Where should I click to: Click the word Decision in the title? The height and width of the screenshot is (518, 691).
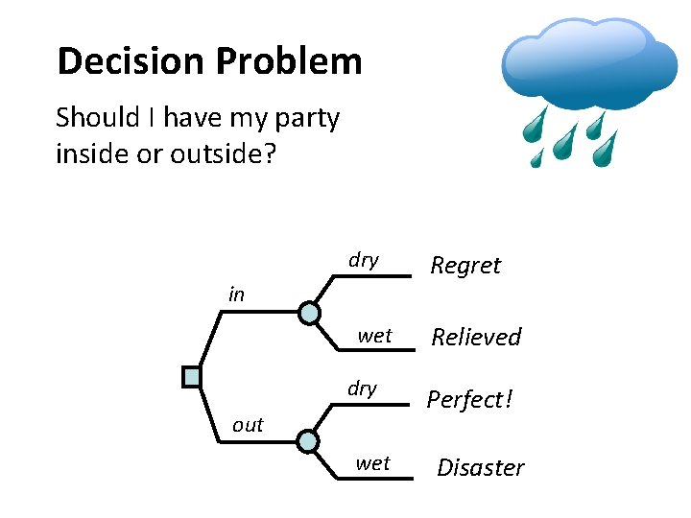tap(131, 61)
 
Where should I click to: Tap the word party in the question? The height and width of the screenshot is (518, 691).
tap(306, 118)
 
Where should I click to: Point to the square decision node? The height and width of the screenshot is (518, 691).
tap(192, 377)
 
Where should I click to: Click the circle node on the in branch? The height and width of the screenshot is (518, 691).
tap(309, 313)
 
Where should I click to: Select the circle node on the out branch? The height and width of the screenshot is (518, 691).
tap(307, 441)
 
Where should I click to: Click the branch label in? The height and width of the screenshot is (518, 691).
tap(236, 294)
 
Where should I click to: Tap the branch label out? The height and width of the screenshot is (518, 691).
tap(248, 425)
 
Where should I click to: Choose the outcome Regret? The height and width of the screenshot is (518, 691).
tap(465, 266)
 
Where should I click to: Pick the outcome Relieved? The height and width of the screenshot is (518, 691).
tap(476, 337)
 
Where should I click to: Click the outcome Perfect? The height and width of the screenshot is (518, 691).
tap(470, 399)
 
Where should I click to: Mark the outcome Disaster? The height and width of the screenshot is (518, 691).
tap(481, 468)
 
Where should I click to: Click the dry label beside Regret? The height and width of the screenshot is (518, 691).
tap(364, 261)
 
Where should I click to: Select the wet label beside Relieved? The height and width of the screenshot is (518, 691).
tap(374, 336)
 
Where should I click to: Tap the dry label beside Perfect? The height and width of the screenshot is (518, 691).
tap(362, 388)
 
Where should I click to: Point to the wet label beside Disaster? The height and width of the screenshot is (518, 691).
tap(372, 464)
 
